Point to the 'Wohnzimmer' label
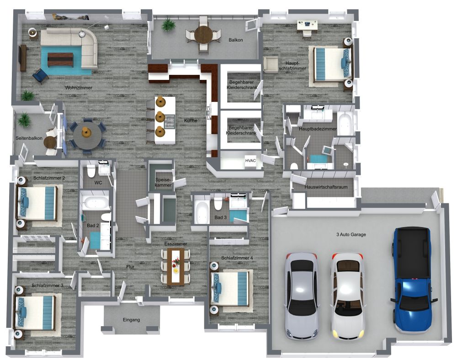coord(79,87)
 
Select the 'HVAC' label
coord(250,160)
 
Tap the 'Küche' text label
coord(191,121)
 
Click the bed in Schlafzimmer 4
coord(231,288)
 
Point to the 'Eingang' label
coord(131,320)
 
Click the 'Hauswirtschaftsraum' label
coord(324,187)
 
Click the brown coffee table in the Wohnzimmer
coord(60,59)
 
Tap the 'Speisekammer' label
coord(163,183)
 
